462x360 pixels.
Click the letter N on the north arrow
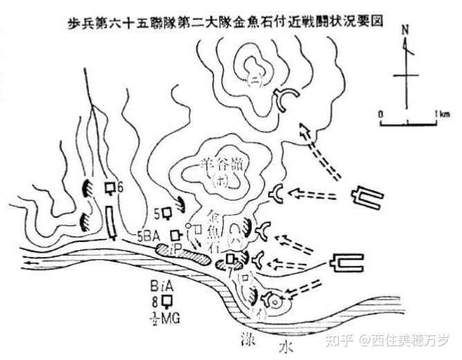pos(405,30)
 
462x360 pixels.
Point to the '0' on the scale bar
pos(380,113)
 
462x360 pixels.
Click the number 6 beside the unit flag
pos(120,187)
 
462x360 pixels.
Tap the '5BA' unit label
pos(154,234)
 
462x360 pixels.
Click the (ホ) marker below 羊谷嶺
pos(221,182)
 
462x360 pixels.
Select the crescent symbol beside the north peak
pos(287,101)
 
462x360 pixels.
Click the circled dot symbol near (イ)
pos(277,301)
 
